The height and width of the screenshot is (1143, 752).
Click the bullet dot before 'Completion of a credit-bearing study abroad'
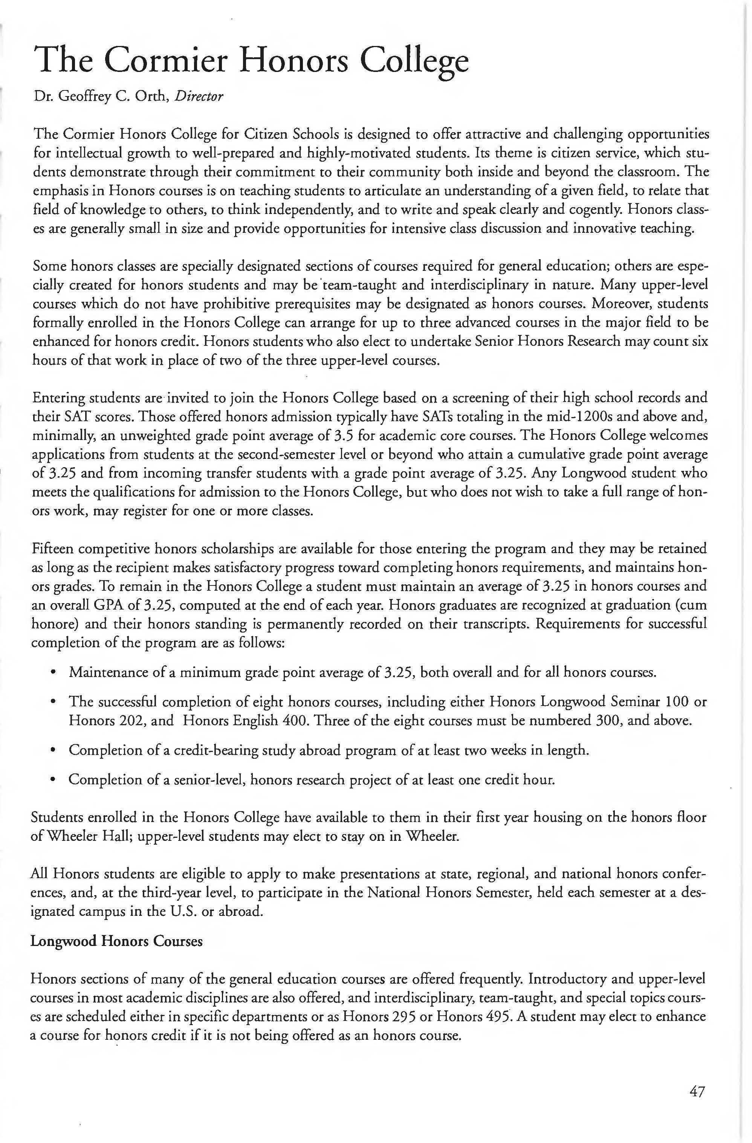pyautogui.click(x=53, y=750)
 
